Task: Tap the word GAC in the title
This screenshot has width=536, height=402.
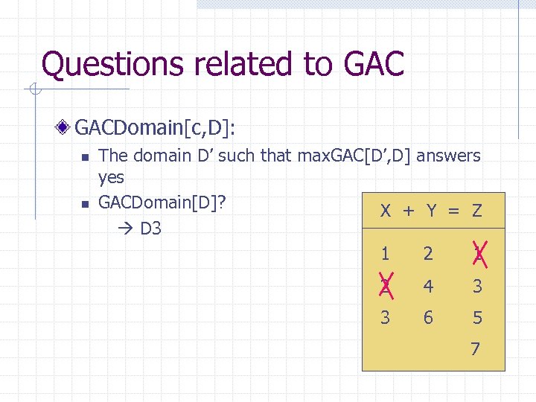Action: tap(374, 64)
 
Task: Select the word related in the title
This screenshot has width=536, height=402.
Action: tap(244, 64)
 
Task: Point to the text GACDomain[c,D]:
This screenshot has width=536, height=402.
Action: tap(155, 129)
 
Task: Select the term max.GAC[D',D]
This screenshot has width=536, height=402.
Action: tap(355, 156)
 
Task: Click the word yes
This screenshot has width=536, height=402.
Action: tap(111, 178)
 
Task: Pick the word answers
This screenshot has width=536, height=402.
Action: tap(449, 156)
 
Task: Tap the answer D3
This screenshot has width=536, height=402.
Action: tap(150, 228)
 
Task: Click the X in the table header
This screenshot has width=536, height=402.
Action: tap(386, 211)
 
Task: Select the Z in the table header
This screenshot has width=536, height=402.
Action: tap(476, 211)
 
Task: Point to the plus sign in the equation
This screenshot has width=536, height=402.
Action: tap(408, 211)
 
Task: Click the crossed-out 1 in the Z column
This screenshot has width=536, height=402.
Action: tap(477, 254)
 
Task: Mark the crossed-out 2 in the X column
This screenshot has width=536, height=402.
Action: tap(386, 286)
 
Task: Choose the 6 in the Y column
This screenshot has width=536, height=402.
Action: tap(428, 318)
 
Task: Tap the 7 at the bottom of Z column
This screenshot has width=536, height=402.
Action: tap(475, 348)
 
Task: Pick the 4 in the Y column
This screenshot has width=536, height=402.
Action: tap(428, 286)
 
